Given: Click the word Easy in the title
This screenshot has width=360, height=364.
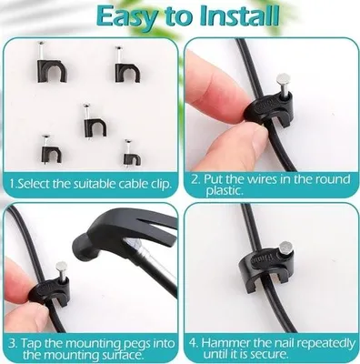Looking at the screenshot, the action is [130, 16].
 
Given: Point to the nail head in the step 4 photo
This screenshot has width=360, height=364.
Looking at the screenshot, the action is [285, 248].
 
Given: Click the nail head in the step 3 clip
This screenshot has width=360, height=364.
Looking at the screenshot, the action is [62, 267].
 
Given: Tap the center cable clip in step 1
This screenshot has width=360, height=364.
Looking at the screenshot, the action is [95, 121].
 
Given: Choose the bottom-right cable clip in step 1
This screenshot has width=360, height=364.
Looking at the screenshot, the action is [132, 154].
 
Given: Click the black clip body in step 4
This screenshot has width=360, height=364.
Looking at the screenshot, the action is [265, 272].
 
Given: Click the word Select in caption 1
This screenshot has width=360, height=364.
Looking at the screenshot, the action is [34, 184].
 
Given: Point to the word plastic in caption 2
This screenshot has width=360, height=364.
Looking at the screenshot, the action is [225, 191].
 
